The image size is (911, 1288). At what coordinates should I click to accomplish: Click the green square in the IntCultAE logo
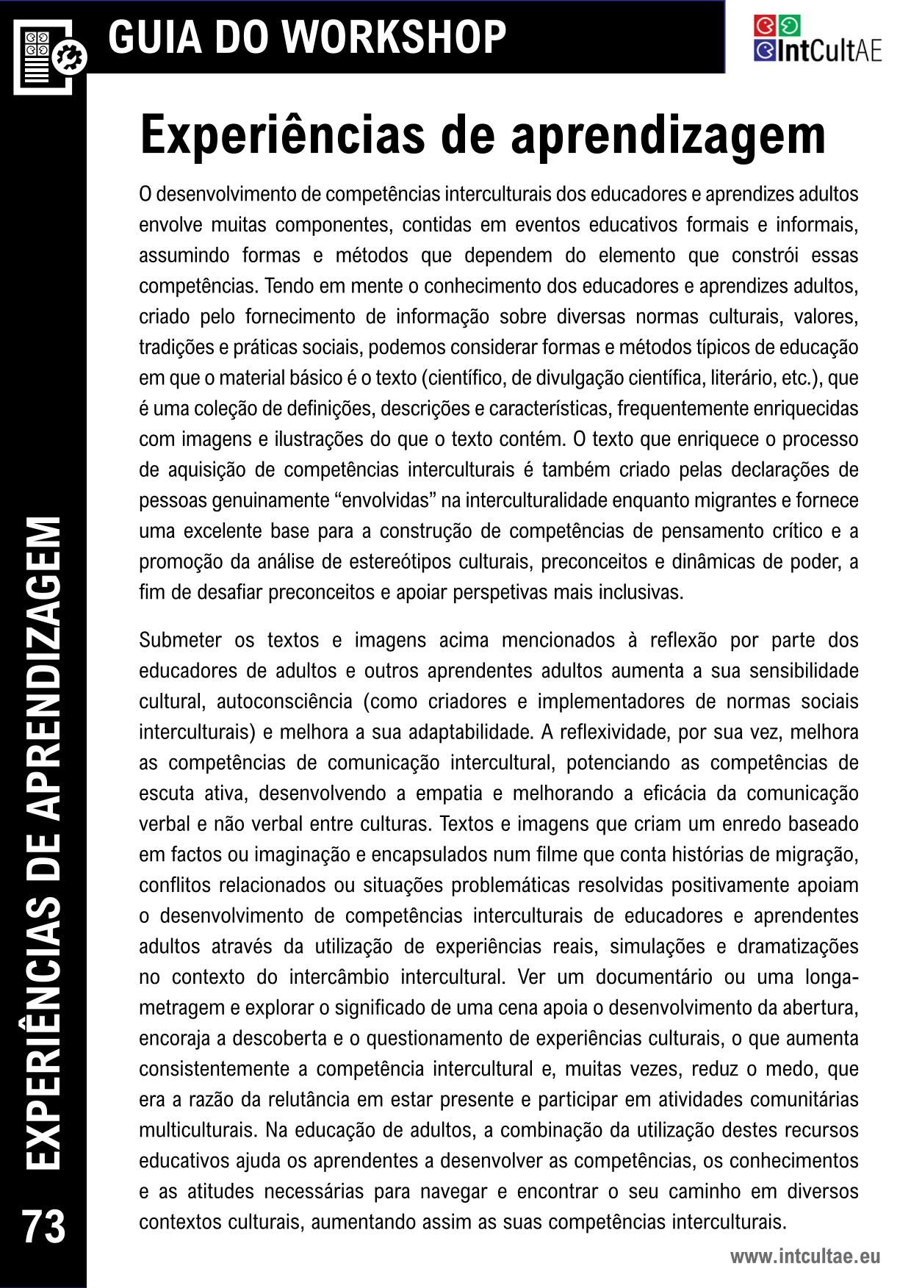pos(789,25)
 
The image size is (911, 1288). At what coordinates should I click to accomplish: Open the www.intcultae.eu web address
pos(804,1256)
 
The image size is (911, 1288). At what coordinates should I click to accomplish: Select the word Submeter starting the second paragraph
pos(180,640)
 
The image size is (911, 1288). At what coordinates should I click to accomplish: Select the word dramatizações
pos(798,946)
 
